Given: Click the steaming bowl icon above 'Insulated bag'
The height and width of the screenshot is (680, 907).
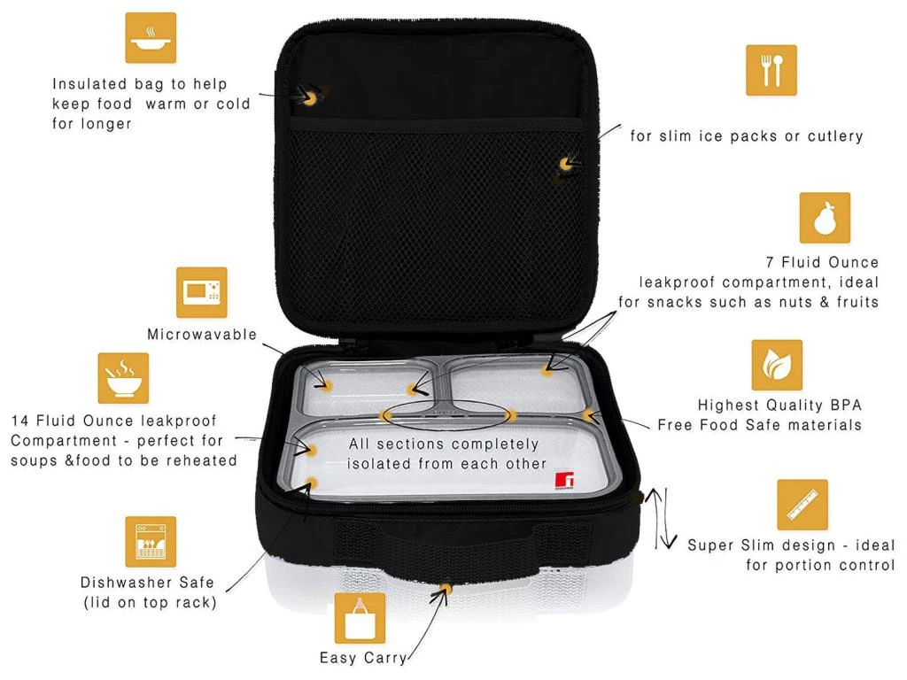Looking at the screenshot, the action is (x=151, y=37).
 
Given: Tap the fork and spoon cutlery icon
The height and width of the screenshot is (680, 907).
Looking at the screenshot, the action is (x=771, y=70).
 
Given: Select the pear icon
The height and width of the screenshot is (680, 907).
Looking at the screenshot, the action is (x=825, y=218).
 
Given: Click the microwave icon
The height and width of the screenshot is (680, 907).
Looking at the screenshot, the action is (x=201, y=292).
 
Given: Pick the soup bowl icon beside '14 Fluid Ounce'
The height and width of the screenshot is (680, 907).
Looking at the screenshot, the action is (x=123, y=378).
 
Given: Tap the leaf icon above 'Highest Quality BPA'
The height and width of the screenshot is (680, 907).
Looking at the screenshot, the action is (x=777, y=365).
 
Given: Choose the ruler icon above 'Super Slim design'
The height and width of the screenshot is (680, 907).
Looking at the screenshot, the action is (x=802, y=505).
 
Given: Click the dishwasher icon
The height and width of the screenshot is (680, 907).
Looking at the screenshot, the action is (x=151, y=542).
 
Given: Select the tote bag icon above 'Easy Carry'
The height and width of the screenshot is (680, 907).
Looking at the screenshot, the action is (x=360, y=618).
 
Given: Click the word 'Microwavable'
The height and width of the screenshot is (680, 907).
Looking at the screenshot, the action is (x=202, y=334).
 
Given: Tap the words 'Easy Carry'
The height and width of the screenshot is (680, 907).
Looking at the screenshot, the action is (x=362, y=658).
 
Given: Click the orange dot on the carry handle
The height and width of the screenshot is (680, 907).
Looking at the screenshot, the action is (x=446, y=589).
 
